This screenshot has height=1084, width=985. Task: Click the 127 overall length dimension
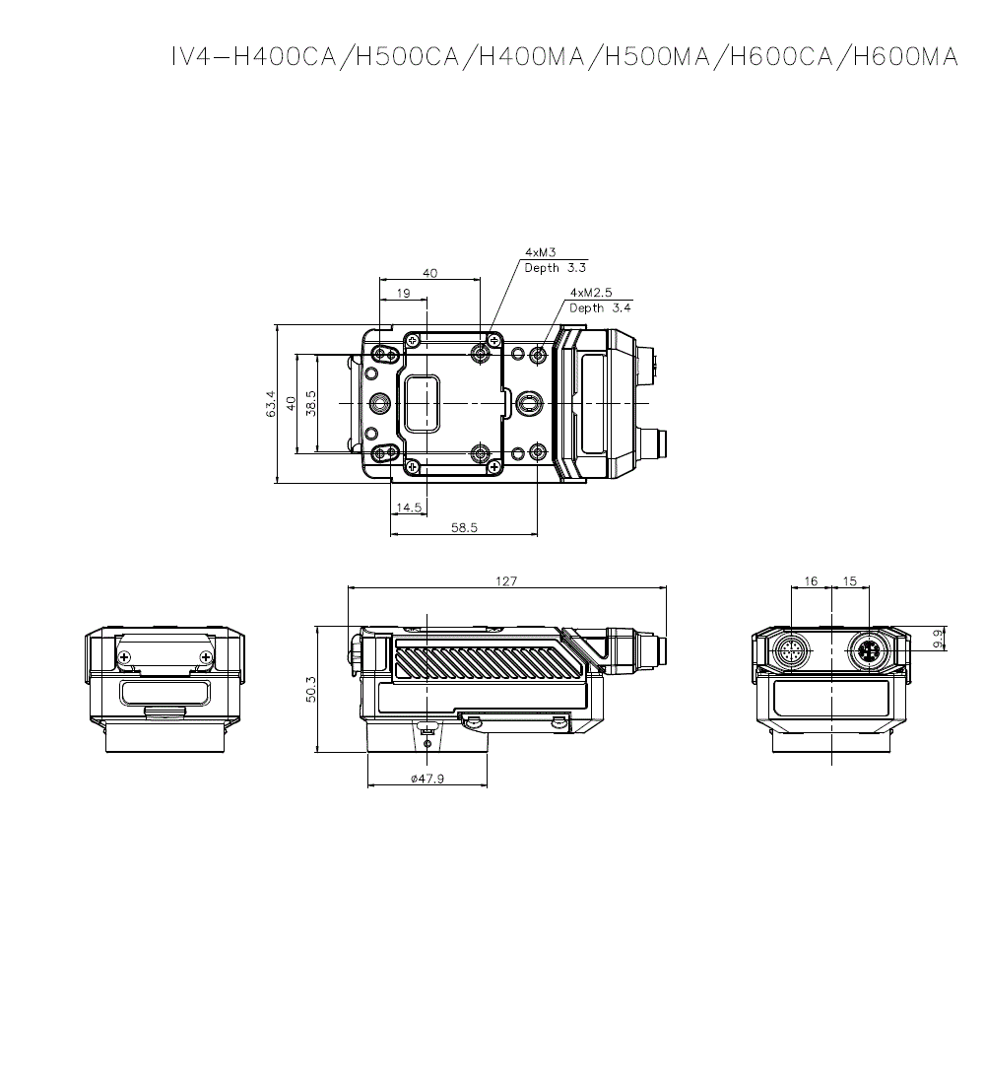[506, 581]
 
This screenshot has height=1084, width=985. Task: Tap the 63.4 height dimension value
[271, 404]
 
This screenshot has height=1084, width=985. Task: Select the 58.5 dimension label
[464, 527]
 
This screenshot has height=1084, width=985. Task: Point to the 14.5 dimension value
[409, 508]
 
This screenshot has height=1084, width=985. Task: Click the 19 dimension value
[403, 293]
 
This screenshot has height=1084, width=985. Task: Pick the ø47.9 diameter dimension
[427, 779]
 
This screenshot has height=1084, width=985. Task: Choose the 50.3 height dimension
[311, 689]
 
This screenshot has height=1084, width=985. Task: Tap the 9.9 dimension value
[938, 639]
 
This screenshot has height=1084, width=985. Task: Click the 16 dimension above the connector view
[811, 581]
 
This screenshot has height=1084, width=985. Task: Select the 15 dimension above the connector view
[850, 581]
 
